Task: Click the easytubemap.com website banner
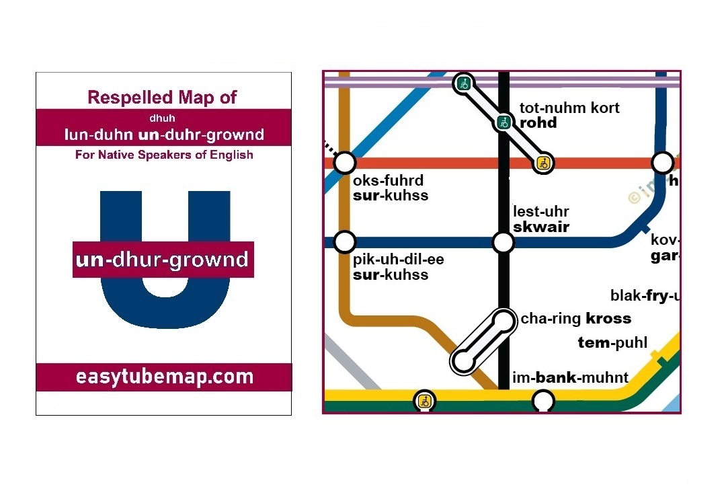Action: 164,377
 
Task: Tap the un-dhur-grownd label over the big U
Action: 163,260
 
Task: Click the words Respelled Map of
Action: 163,97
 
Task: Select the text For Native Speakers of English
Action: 164,155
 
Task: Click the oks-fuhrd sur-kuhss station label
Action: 391,188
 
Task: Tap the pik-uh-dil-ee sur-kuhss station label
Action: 398,267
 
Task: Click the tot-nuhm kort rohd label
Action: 569,115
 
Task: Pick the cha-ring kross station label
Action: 576,319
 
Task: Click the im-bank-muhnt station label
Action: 570,377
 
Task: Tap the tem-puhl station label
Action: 612,343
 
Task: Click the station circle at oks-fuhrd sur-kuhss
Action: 344,162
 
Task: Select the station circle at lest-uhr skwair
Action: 503,241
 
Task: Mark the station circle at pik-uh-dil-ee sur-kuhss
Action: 344,241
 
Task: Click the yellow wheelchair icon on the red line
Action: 544,163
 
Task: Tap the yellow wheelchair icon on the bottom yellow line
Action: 424,402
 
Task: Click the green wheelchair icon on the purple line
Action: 462,83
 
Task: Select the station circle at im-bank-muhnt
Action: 543,402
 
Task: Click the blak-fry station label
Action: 645,296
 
